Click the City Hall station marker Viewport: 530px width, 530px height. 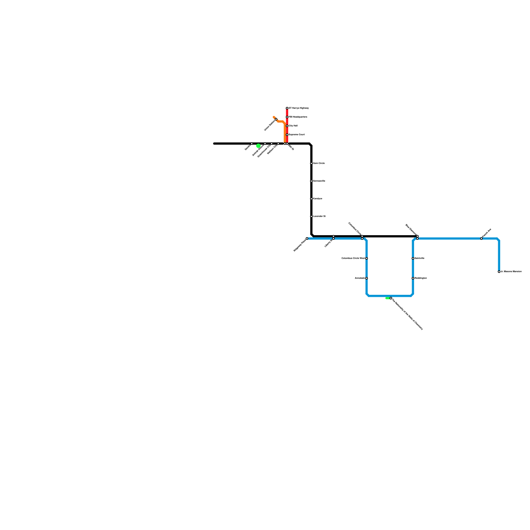click(287, 126)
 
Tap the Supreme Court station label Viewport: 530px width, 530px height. click(296, 135)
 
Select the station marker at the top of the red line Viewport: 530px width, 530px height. click(287, 108)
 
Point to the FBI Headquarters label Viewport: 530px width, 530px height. click(298, 117)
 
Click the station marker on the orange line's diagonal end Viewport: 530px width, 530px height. click(276, 119)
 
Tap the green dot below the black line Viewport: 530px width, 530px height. click(258, 146)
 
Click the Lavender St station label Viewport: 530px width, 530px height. click(319, 216)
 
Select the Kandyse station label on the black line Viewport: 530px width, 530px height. click(317, 199)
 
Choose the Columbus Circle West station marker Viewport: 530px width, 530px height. click(366, 258)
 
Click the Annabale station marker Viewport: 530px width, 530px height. click(366, 278)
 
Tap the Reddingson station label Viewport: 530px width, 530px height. click(421, 278)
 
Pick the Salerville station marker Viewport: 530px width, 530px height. click(413, 258)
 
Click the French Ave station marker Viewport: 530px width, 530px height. click(481, 238)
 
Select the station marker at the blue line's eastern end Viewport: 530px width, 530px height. click(499, 272)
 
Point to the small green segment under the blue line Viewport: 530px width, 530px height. click(387, 298)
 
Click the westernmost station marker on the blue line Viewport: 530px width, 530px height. click(307, 238)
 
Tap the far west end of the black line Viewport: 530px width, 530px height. click(214, 144)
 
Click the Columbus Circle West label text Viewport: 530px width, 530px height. click(353, 258)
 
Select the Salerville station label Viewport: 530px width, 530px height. click(419, 258)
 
